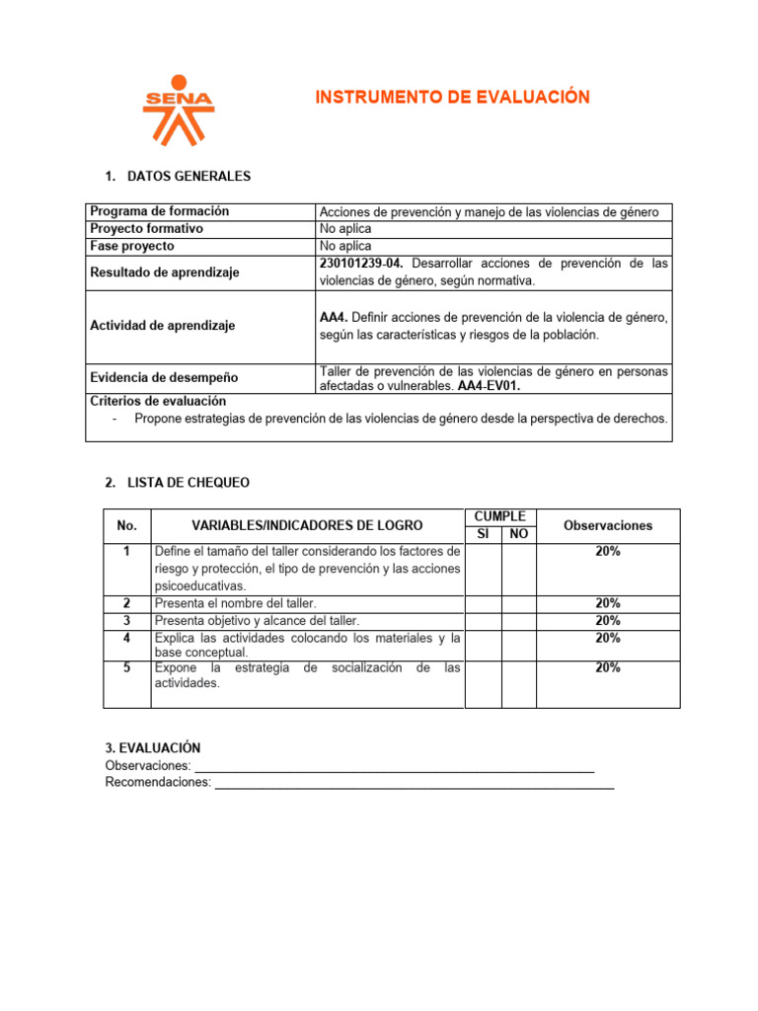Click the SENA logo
(178, 110)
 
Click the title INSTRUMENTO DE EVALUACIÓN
(452, 97)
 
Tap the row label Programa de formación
(159, 211)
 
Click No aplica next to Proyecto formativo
(344, 229)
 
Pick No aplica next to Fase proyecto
(344, 246)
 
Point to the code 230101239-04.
(362, 264)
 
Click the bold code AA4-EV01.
(489, 386)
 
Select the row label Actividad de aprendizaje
(162, 326)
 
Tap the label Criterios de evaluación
(158, 401)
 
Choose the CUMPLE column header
(499, 516)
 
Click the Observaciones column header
(607, 526)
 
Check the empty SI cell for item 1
(483, 569)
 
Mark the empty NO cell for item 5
(518, 683)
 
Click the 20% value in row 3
(607, 621)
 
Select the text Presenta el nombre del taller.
(235, 603)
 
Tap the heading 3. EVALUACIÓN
(152, 749)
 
